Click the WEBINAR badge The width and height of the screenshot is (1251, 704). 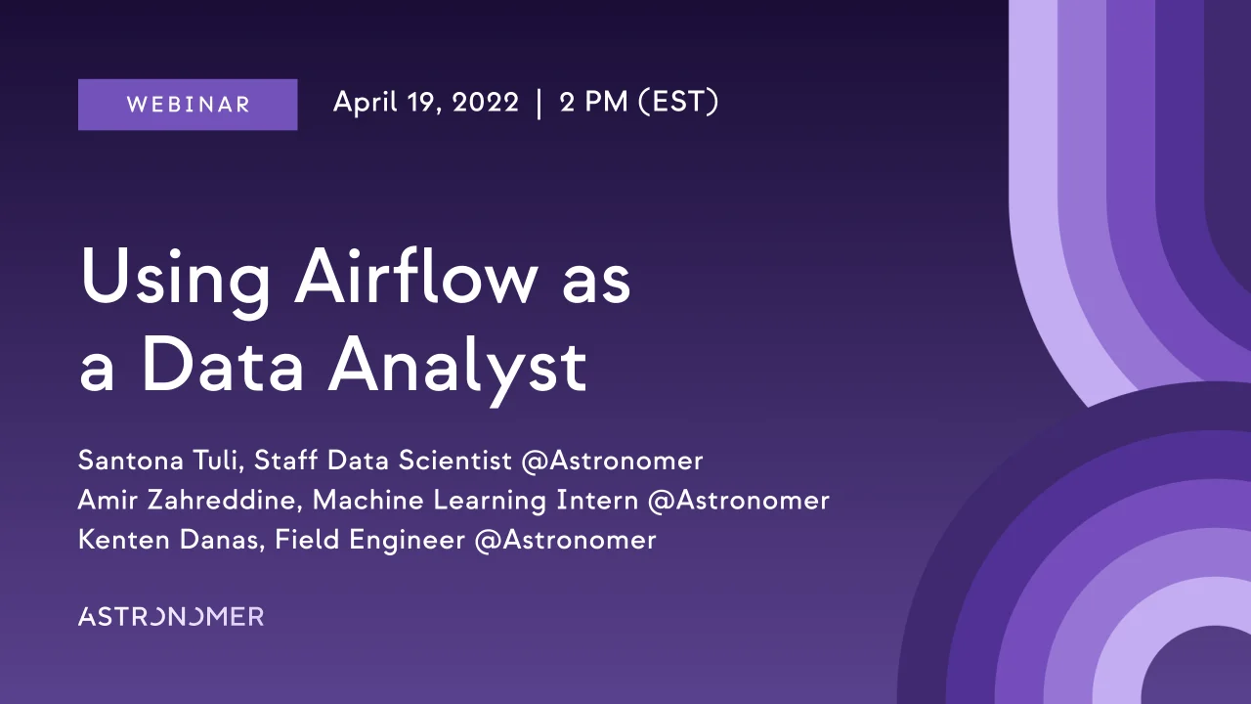[188, 105]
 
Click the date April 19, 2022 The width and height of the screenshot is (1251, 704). [425, 103]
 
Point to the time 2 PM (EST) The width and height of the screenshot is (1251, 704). [639, 103]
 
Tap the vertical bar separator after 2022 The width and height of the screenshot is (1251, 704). [539, 104]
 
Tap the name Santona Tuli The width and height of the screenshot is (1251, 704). [158, 461]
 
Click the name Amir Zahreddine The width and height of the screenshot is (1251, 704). [191, 501]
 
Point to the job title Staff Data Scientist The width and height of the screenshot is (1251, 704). [383, 461]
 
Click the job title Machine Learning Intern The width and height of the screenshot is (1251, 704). [476, 501]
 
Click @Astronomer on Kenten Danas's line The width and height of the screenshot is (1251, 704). [565, 540]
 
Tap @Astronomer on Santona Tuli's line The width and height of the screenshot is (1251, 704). [612, 461]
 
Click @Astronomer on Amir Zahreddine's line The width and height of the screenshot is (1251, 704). [739, 501]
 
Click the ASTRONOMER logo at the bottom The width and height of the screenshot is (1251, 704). [171, 616]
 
